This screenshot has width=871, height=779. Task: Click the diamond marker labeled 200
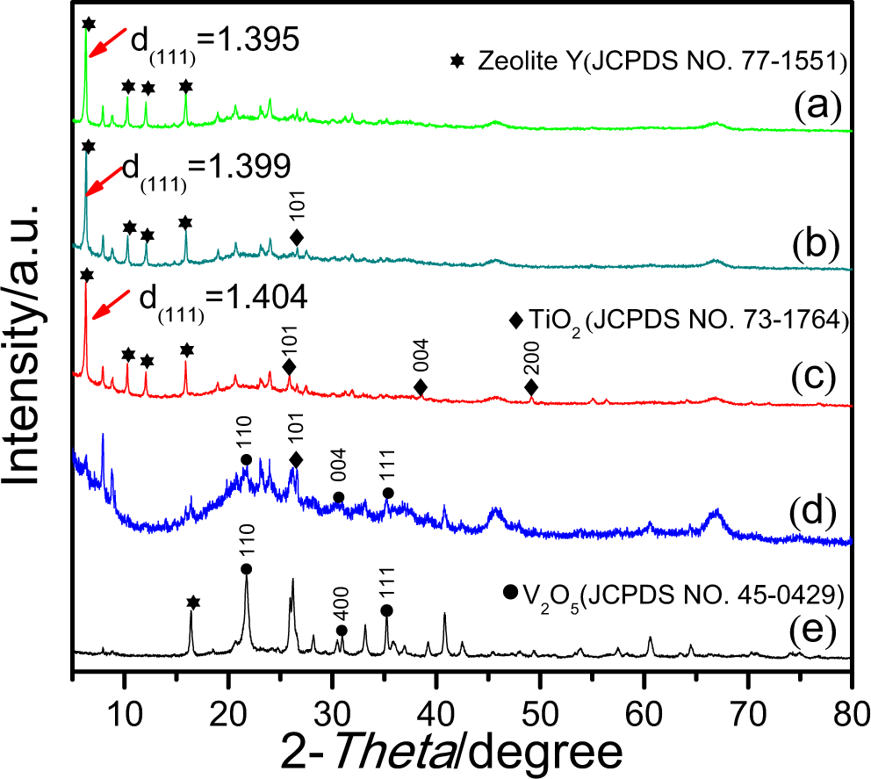point(531,388)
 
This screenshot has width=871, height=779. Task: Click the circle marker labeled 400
point(342,631)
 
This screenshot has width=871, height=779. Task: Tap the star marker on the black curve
point(193,602)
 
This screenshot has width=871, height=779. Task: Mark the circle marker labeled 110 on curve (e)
point(246,569)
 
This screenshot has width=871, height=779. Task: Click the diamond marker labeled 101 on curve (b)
point(297,237)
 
